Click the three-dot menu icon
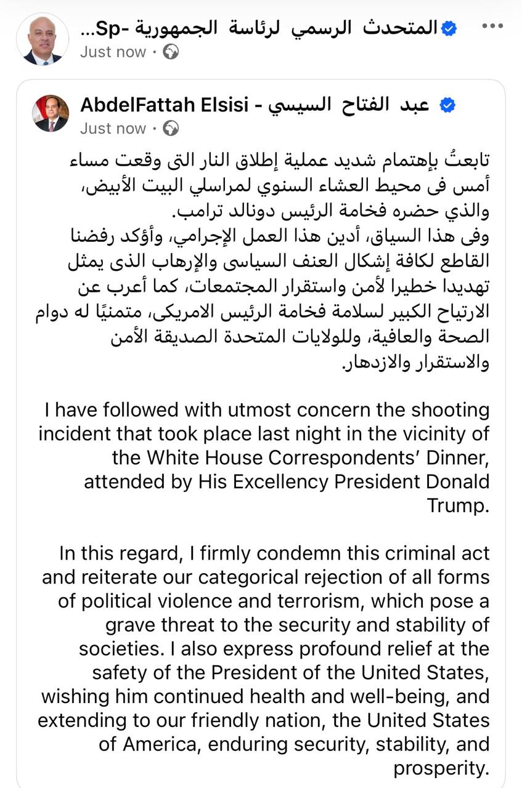pyautogui.click(x=492, y=26)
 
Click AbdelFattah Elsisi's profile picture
pyautogui.click(x=51, y=113)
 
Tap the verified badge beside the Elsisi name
pyautogui.click(x=447, y=105)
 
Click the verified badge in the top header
pyautogui.click(x=450, y=28)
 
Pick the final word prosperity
pyautogui.click(x=441, y=768)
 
